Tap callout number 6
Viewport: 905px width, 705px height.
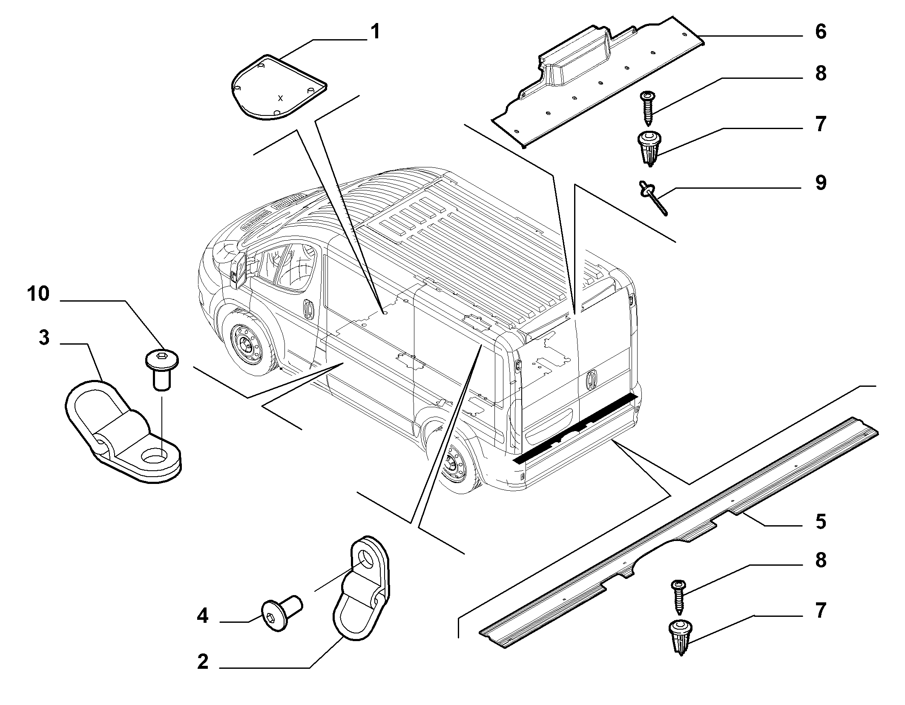coord(820,32)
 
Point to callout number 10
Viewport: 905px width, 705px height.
coord(38,294)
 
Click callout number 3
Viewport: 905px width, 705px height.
coord(44,338)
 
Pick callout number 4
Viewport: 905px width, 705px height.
coord(203,616)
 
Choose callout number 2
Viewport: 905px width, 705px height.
coord(203,662)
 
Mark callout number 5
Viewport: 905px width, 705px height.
coord(820,521)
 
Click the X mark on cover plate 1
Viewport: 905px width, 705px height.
coord(280,98)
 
